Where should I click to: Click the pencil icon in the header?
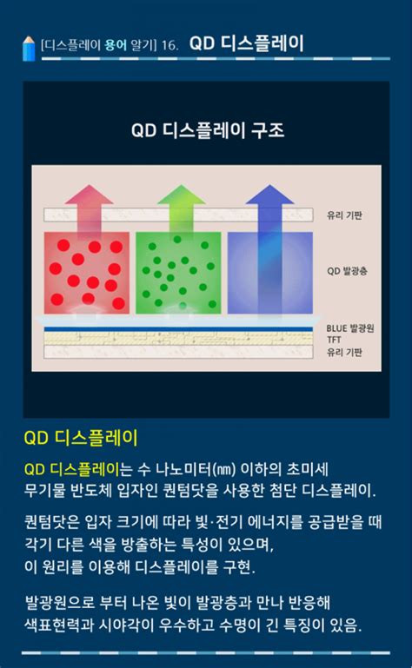tap(30, 48)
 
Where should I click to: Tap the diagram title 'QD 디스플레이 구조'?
tap(207, 131)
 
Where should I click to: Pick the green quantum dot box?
tap(177, 272)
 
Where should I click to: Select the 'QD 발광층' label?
tap(348, 271)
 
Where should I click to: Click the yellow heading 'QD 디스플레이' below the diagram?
tap(81, 436)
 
